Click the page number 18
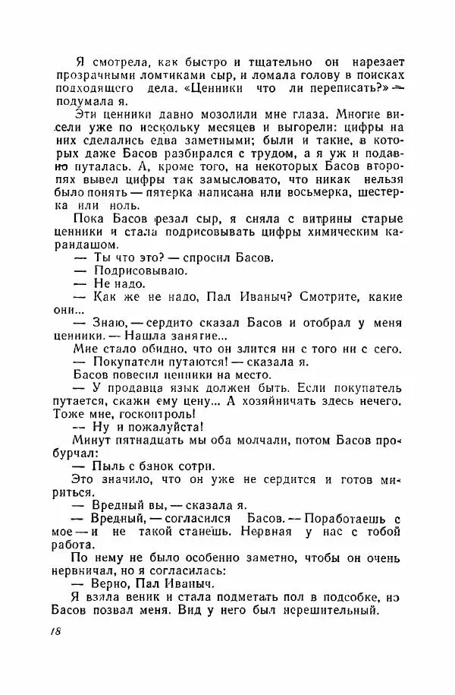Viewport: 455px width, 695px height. [x=55, y=633]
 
